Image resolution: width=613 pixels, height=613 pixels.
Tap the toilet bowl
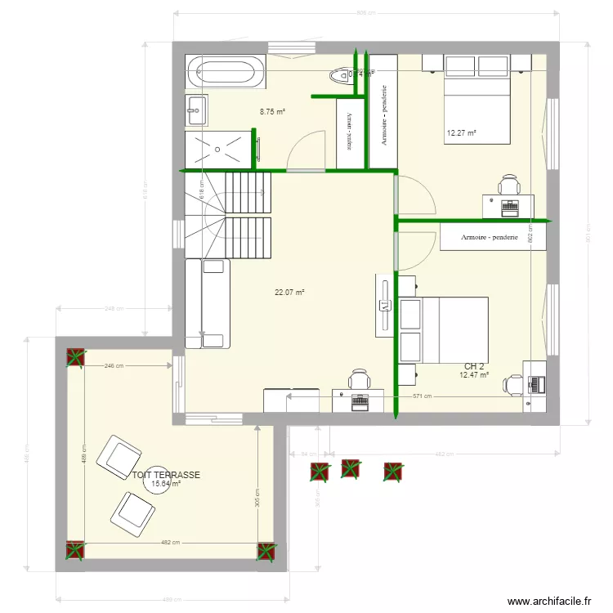338,76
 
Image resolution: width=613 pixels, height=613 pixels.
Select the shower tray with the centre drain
216,149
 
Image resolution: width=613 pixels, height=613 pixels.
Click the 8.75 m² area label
272,112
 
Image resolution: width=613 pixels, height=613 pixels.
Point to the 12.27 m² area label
461,132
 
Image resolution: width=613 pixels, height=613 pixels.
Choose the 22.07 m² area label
289,292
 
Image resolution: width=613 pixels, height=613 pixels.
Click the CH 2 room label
474,366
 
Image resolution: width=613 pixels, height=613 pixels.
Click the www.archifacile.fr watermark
548,601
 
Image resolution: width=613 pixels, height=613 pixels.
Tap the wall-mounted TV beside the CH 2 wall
383,306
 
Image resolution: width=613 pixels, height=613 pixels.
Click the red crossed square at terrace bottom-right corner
266,552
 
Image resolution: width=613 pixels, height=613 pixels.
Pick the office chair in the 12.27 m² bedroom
509,185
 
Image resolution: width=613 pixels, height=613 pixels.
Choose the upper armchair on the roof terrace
120,455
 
